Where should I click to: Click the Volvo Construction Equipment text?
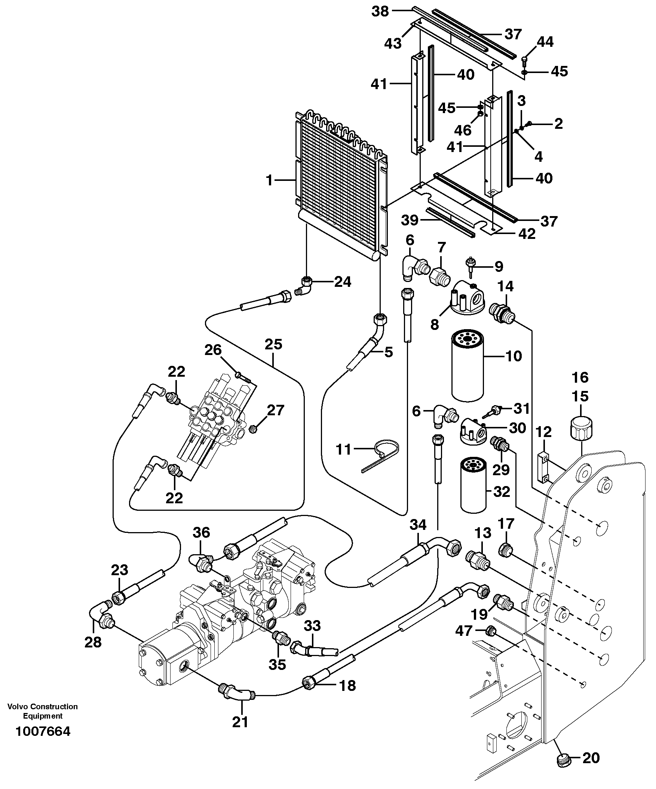pyautogui.click(x=42, y=711)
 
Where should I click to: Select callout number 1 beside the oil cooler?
pyautogui.click(x=269, y=180)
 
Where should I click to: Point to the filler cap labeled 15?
pyautogui.click(x=580, y=427)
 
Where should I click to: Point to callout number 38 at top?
pyautogui.click(x=380, y=11)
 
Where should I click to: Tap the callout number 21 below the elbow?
pyautogui.click(x=240, y=721)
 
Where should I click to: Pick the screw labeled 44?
pyautogui.click(x=524, y=58)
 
